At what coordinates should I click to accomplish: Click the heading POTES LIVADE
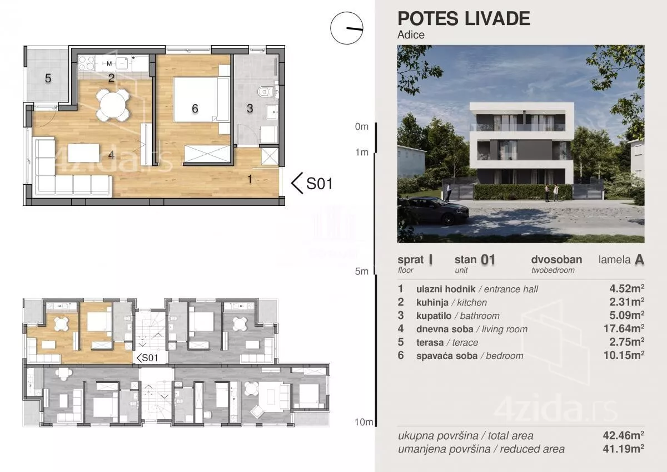[464, 18]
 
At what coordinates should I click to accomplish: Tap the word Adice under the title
[411, 35]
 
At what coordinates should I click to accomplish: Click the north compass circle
[347, 28]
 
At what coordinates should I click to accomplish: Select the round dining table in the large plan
[113, 105]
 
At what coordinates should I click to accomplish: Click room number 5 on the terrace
[48, 78]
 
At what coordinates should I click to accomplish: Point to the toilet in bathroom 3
[265, 92]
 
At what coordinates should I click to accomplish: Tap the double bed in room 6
[202, 99]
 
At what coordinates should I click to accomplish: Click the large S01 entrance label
[319, 184]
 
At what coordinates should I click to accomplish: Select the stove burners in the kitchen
[87, 63]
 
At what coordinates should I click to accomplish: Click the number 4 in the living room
[111, 155]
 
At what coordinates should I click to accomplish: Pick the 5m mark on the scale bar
[361, 271]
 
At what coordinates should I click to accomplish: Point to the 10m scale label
[364, 422]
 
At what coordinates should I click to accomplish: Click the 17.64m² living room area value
[624, 328]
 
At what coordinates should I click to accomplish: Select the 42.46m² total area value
[624, 435]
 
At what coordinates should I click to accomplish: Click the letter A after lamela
[639, 260]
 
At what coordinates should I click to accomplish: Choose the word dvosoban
[556, 259]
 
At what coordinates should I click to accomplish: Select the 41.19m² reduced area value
[624, 449]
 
